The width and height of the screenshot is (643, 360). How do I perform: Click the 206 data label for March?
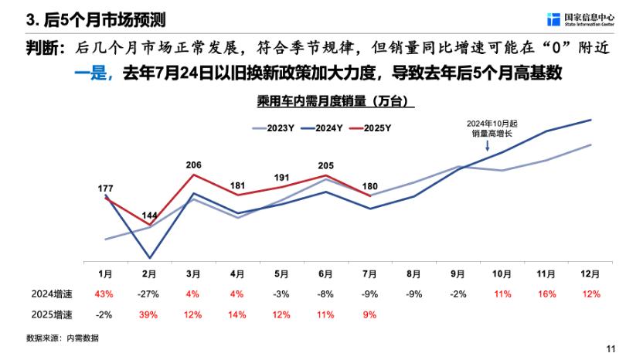point(193,165)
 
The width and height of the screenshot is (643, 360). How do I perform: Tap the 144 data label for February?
point(149,216)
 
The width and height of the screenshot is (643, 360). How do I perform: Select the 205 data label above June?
point(325,165)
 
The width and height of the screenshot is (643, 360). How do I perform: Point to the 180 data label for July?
point(369,186)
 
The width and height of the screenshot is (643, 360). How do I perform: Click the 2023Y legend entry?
point(273,128)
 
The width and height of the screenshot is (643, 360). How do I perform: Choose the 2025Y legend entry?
point(370,128)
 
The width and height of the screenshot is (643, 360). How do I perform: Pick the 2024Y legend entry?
point(321,128)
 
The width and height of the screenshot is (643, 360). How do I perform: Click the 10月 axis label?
point(502,274)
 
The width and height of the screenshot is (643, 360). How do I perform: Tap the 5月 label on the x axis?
point(281,274)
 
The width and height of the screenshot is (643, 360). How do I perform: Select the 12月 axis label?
point(590,274)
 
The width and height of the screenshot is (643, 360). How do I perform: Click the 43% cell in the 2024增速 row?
point(104,294)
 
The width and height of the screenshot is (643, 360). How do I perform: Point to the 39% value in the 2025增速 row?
point(148,315)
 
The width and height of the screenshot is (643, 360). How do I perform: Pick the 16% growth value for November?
point(547,294)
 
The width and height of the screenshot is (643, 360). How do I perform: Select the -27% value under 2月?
point(148,294)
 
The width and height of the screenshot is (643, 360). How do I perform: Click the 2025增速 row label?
point(52,315)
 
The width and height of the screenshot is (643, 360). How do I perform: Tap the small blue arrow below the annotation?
point(487,146)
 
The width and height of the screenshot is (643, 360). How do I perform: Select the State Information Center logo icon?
point(553,19)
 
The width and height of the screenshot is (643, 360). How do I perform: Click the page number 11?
point(611,349)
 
